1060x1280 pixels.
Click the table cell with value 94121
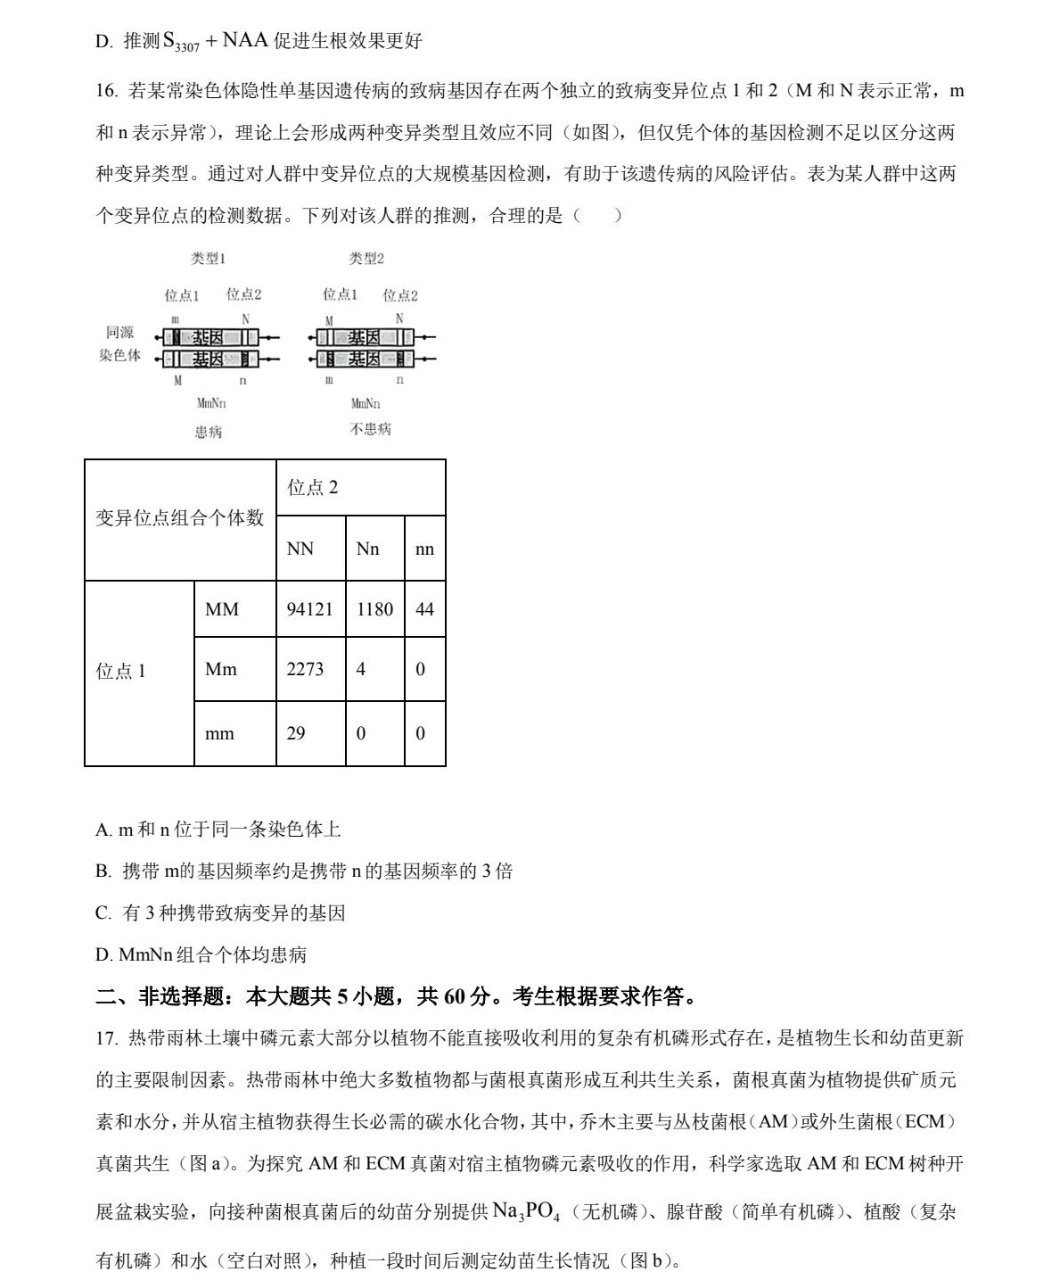309,609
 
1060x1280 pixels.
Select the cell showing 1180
374,609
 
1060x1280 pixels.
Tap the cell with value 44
424,609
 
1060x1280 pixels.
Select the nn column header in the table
424,549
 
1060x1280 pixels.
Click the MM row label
222,609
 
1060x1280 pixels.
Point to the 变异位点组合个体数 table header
180,518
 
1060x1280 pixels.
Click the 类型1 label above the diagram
208,259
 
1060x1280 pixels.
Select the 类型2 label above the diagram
366,259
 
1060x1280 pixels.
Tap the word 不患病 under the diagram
370,429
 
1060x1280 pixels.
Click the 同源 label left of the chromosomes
119,333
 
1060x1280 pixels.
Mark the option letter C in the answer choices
102,913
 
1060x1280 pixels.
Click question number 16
106,91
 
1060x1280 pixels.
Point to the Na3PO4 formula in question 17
526,1211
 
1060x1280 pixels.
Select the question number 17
106,1038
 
